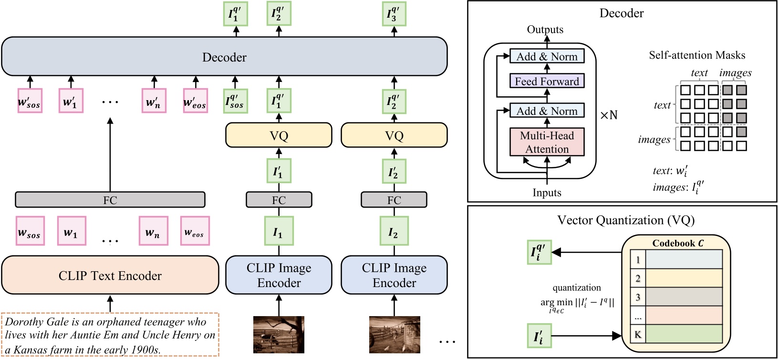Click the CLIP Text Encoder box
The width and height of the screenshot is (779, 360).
110,276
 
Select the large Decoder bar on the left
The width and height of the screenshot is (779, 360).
224,57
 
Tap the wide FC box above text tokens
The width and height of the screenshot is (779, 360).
110,200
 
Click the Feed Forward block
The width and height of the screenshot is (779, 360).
547,82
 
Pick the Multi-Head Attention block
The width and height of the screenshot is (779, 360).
547,142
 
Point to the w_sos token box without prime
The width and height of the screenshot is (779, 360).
30,231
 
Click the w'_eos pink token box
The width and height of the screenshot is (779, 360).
195,101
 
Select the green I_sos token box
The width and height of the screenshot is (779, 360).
235,101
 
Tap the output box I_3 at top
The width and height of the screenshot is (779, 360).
394,14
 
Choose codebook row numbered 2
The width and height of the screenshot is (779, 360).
676,278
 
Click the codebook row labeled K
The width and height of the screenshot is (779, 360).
676,334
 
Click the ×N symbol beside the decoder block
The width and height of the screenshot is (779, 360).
608,115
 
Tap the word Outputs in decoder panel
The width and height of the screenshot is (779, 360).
545,30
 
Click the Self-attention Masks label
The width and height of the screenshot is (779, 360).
696,55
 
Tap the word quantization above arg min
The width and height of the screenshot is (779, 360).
576,288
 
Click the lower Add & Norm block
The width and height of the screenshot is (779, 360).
547,111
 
